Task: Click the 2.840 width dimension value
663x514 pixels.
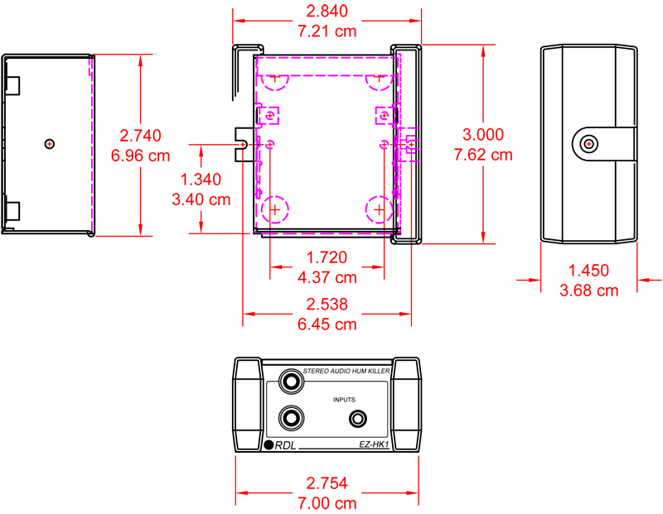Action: click(x=327, y=11)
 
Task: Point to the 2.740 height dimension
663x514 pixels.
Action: click(x=140, y=135)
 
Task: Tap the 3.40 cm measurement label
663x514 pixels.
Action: click(x=201, y=199)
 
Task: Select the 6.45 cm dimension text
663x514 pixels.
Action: click(x=327, y=324)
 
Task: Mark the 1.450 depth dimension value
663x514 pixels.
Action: click(x=588, y=271)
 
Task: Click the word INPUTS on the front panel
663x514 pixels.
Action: click(x=344, y=399)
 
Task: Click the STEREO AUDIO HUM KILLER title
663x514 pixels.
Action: click(x=346, y=373)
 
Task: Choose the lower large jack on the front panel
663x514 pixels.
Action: click(x=292, y=419)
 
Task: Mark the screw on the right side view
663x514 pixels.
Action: click(x=588, y=144)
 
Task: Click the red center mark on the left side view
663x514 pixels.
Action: click(x=50, y=144)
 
